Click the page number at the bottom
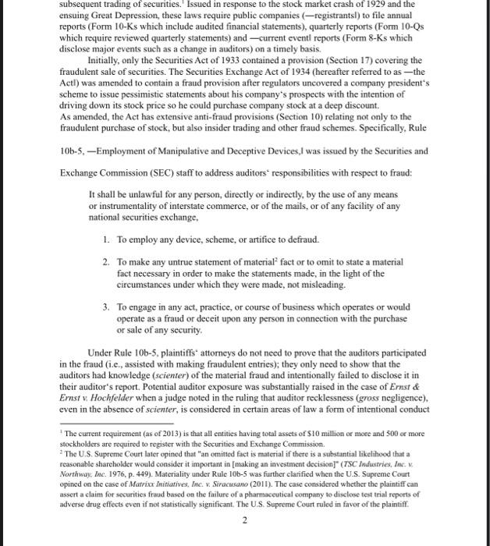(244, 523)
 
